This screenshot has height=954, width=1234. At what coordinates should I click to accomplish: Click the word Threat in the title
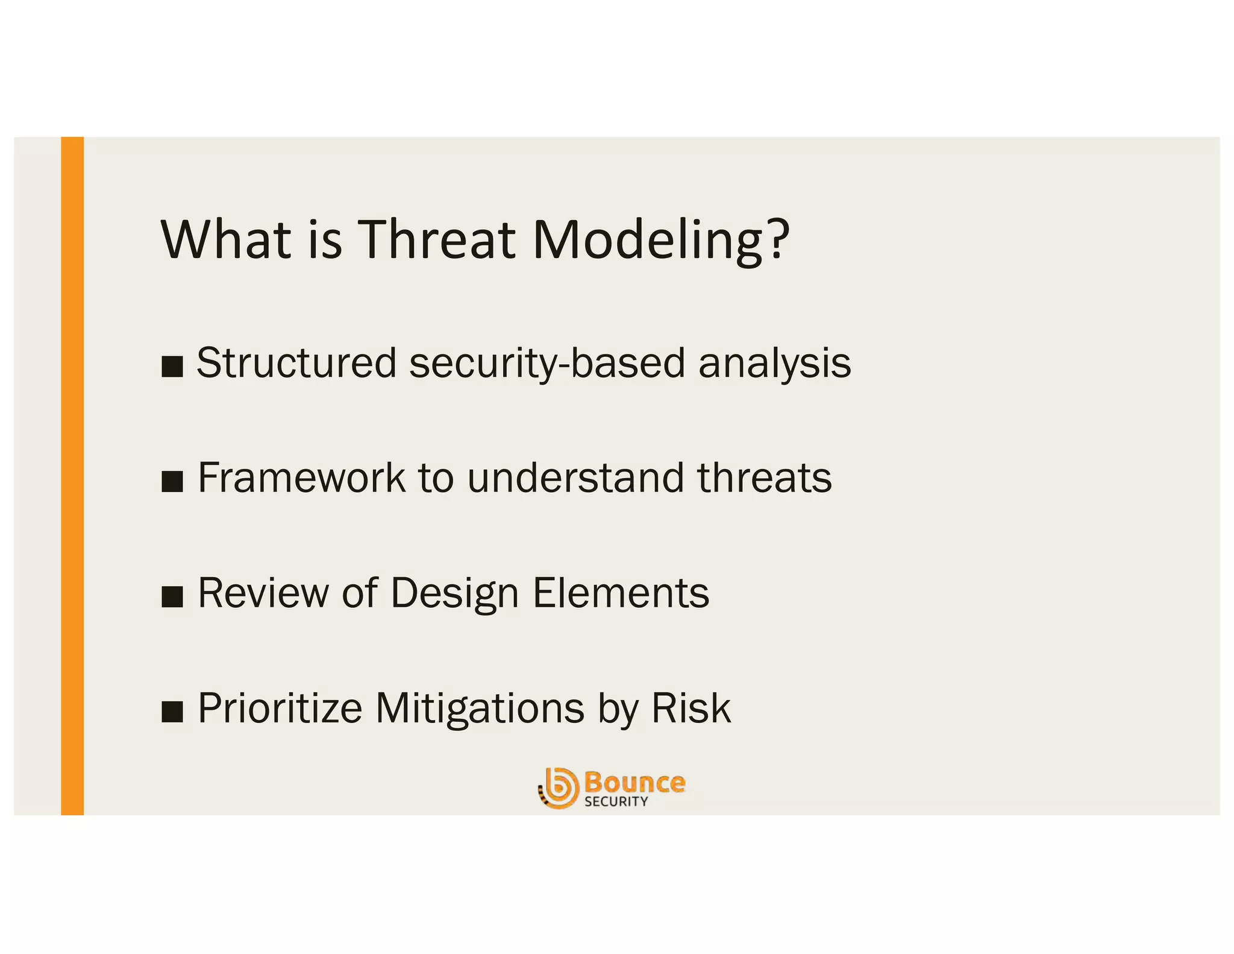[437, 239]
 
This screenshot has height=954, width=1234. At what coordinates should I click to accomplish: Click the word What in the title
[226, 239]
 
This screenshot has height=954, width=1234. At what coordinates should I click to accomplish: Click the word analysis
[774, 363]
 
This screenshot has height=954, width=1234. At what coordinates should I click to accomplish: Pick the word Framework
[301, 478]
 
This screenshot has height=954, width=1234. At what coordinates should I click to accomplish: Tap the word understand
[575, 478]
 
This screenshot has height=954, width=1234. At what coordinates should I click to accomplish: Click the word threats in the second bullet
[764, 478]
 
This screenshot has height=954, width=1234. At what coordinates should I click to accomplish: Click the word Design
[454, 593]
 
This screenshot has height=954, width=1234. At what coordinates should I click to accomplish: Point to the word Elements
[621, 593]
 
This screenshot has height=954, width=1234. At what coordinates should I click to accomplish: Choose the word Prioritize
[280, 708]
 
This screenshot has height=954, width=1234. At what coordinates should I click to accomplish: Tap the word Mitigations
[480, 708]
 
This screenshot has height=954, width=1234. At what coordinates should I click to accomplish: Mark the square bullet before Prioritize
[172, 712]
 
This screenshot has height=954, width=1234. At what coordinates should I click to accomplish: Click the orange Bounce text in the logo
[634, 783]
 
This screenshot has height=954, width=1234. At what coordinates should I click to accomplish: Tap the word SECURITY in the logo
[616, 801]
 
